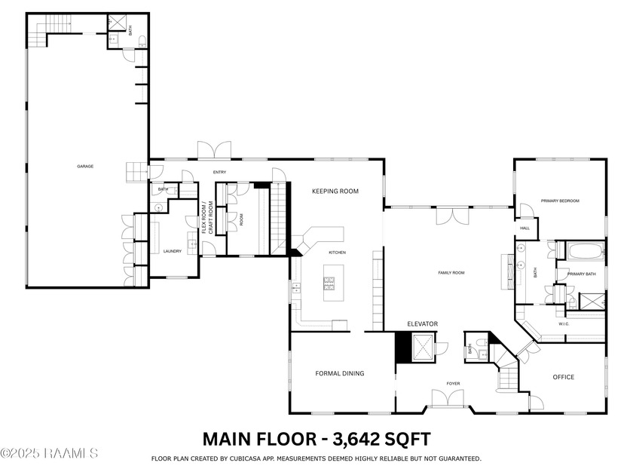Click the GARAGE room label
(85, 167)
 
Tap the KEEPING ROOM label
(335, 192)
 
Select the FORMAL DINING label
(339, 374)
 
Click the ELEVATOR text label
(422, 324)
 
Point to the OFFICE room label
(563, 377)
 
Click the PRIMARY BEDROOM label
(560, 201)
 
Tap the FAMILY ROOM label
(451, 272)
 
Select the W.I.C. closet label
(564, 324)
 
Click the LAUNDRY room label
(173, 251)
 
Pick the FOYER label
(453, 384)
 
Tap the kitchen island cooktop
(330, 283)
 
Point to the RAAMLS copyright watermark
(49, 453)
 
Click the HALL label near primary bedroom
(524, 228)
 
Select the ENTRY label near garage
(219, 172)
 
